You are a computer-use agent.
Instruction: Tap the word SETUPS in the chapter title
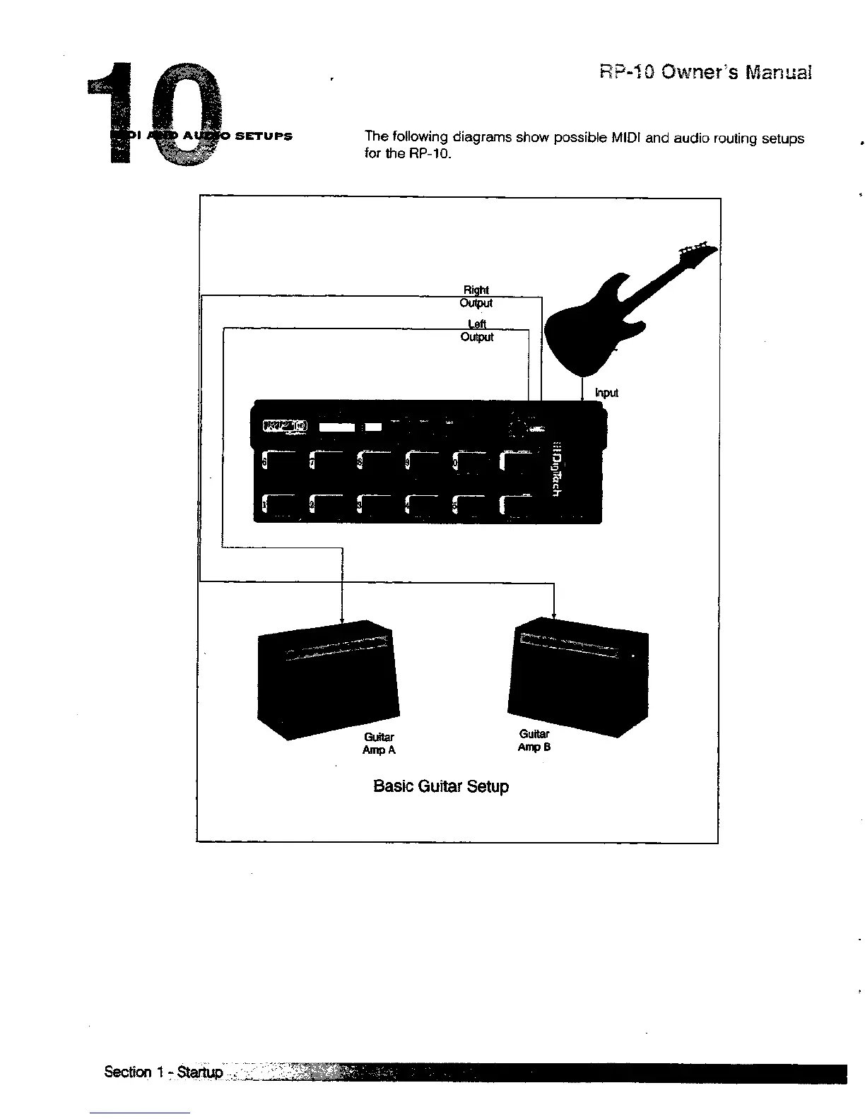[x=263, y=136]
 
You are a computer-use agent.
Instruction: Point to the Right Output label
[x=476, y=297]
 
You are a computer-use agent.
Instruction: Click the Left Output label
[x=477, y=331]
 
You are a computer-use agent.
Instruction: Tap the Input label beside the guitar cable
[x=606, y=393]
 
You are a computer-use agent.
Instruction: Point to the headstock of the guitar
[x=696, y=251]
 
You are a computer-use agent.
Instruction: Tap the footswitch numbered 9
[x=424, y=463]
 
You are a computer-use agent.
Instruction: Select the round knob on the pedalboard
[x=517, y=428]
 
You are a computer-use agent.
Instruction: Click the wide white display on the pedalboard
[x=337, y=427]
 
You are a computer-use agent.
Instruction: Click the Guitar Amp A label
[x=379, y=743]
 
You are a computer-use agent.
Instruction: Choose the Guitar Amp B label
[x=534, y=740]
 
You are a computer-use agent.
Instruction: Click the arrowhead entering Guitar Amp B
[x=553, y=615]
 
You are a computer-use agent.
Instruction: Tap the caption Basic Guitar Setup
[x=440, y=786]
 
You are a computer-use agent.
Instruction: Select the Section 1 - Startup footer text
[x=163, y=1072]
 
